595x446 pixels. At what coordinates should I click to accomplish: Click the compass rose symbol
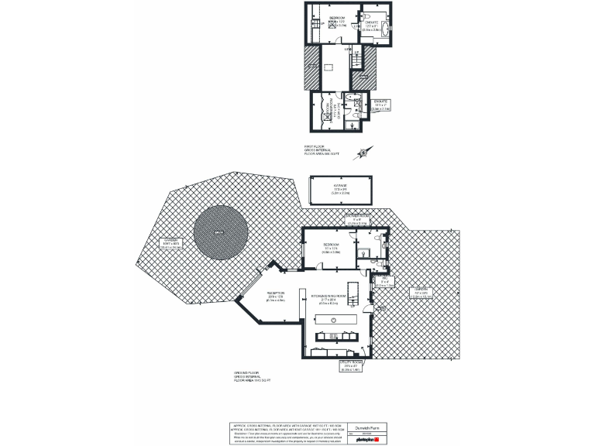pyautogui.click(x=363, y=153)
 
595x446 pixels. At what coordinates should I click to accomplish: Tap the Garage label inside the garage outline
pyautogui.click(x=340, y=188)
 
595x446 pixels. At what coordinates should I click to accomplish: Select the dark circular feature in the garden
pyautogui.click(x=221, y=231)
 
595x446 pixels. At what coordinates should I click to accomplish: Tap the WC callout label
pyautogui.click(x=385, y=282)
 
